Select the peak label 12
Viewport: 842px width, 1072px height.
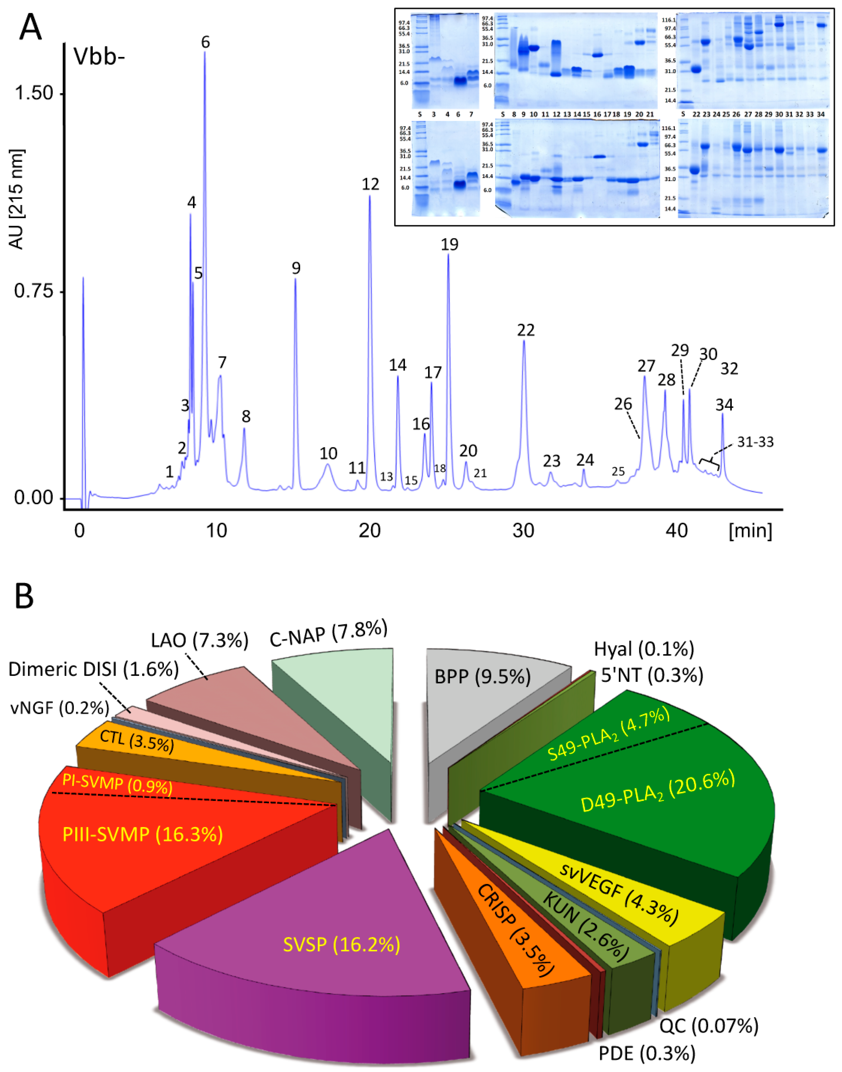(x=370, y=184)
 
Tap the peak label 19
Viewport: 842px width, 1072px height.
(x=450, y=244)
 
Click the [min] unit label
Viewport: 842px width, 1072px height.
(x=750, y=531)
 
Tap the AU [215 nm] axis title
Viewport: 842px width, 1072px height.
(x=17, y=199)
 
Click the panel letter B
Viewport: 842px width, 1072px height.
(x=24, y=596)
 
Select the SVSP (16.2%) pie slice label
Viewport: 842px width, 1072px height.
(x=341, y=944)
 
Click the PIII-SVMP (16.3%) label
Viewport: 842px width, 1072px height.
(x=142, y=834)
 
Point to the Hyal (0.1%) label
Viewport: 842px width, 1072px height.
(x=644, y=649)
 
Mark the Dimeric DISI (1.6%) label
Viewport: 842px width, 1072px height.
(x=93, y=670)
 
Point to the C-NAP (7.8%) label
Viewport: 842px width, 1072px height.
(x=328, y=633)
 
